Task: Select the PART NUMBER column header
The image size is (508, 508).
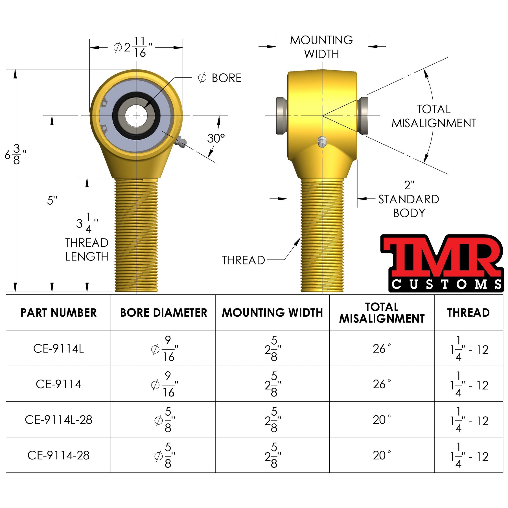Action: (58, 313)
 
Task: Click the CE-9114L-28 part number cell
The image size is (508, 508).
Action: (58, 420)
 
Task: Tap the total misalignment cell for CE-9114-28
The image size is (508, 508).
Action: (382, 455)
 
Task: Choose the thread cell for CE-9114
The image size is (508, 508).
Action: (469, 384)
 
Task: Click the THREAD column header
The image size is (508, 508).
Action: (468, 313)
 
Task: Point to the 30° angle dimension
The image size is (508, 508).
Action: (216, 139)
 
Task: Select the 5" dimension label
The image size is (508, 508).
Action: (52, 201)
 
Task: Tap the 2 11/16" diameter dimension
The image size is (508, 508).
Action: (133, 47)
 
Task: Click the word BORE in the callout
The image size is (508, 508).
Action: (227, 78)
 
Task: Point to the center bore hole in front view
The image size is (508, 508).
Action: (136, 116)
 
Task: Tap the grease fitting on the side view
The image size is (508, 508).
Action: (322, 142)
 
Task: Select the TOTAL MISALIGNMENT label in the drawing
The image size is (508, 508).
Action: (434, 116)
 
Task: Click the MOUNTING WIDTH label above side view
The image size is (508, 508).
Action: (321, 47)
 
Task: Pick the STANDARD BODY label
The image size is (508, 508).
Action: (409, 206)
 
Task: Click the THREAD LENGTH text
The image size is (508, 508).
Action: (87, 249)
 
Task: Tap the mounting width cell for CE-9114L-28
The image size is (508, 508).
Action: (272, 420)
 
